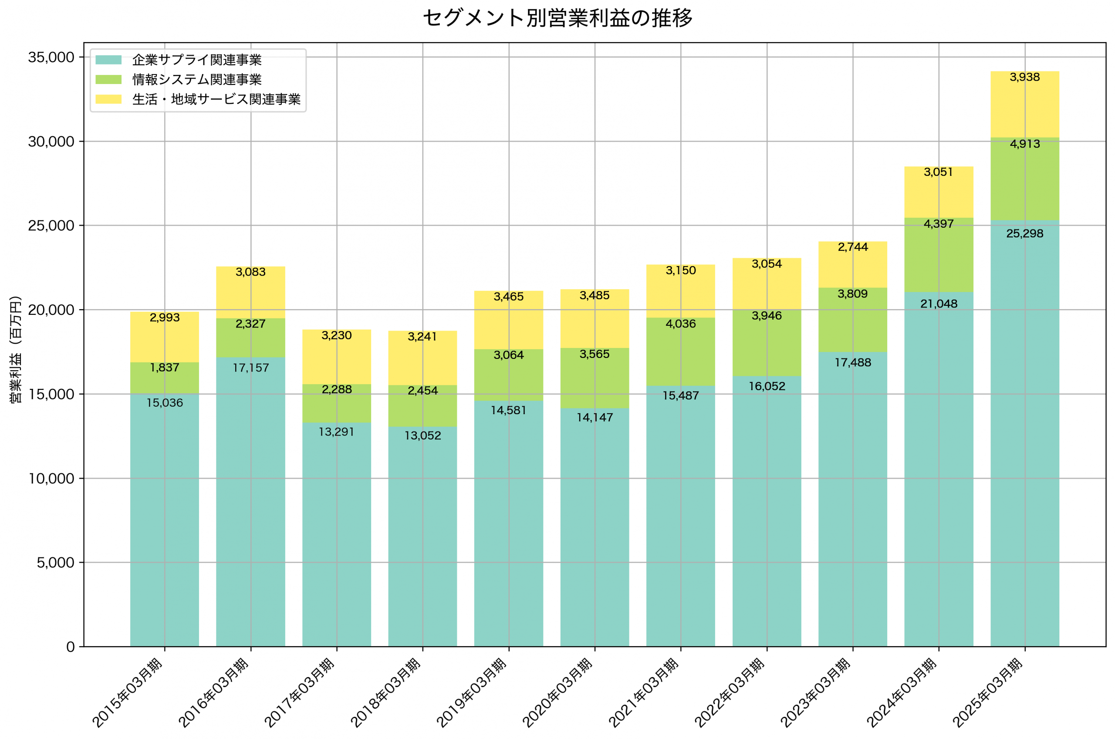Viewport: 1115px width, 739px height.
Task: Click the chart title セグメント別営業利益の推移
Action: tap(557, 18)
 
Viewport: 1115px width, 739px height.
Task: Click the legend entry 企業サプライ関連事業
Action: tap(196, 60)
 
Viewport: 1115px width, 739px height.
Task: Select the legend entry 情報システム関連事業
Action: tap(196, 80)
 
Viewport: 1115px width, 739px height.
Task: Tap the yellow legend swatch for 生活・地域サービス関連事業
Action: tap(108, 99)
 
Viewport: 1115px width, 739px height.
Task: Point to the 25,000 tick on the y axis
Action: tap(51, 226)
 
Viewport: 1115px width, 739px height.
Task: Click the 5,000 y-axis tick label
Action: tap(55, 563)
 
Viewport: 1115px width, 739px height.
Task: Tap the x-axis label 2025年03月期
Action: tap(988, 693)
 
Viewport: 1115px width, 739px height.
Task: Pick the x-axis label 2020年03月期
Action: tap(558, 693)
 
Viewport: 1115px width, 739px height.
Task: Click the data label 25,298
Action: tap(1024, 234)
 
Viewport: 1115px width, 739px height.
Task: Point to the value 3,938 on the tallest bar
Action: tap(1024, 77)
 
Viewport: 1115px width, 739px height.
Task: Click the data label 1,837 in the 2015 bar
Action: tap(165, 368)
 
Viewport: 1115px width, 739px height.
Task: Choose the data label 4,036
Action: tap(680, 324)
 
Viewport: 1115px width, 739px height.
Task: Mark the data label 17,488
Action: tap(852, 363)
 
